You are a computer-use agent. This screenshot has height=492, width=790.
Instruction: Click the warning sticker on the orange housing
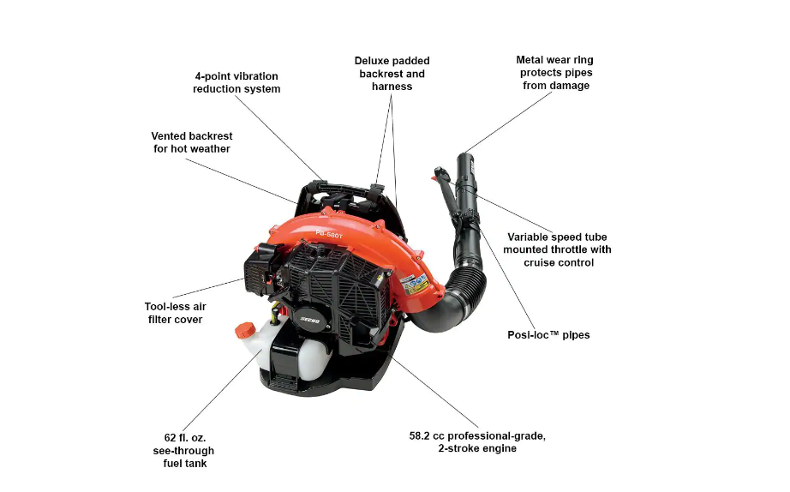pos(416,284)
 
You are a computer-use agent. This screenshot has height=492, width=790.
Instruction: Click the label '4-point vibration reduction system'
pos(236,82)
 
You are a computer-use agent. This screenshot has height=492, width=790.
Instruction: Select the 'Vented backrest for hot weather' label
pos(192,142)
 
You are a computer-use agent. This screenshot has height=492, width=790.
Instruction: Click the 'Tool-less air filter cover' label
pos(175,313)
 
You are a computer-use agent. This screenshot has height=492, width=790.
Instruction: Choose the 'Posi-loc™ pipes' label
pos(548,335)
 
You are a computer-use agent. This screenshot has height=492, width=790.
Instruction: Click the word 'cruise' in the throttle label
pos(543,262)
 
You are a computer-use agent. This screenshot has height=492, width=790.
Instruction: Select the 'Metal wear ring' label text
pos(554,60)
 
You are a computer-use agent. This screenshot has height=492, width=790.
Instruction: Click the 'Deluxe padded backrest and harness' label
pos(392,74)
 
